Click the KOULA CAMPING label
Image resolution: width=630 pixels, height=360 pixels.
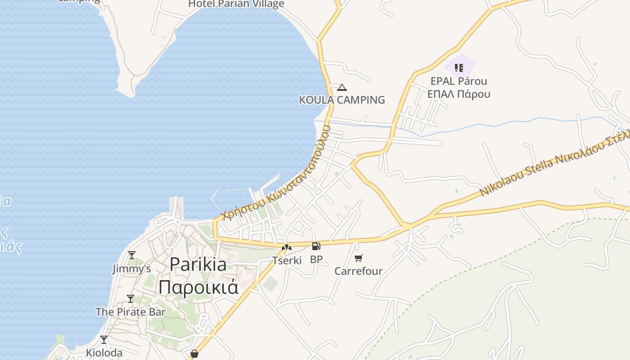(342, 100)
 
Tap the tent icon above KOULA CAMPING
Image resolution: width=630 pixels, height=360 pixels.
(342, 87)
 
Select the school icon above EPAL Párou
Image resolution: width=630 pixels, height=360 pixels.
(459, 68)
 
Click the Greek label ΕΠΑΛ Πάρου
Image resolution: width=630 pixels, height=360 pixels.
(459, 94)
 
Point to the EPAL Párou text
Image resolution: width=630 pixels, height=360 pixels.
(459, 81)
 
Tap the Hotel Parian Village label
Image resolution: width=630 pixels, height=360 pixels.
(236, 4)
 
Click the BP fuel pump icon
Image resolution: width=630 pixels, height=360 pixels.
(316, 246)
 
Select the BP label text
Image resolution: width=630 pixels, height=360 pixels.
(316, 260)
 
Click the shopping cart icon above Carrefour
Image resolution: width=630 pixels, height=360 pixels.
(358, 258)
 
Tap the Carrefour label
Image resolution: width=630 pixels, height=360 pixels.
(358, 271)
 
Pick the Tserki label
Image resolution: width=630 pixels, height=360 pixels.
(287, 260)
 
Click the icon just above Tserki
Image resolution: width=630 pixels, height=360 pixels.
(287, 247)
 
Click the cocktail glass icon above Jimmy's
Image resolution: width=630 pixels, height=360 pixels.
(131, 255)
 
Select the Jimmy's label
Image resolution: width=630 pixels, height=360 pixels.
(131, 269)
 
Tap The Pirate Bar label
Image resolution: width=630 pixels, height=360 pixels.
(130, 312)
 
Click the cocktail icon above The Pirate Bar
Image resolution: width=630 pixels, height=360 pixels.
(130, 299)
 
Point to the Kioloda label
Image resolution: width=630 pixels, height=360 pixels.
(104, 353)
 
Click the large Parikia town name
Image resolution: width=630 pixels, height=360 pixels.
(198, 264)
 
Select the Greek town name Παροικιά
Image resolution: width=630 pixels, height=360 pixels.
(198, 287)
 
